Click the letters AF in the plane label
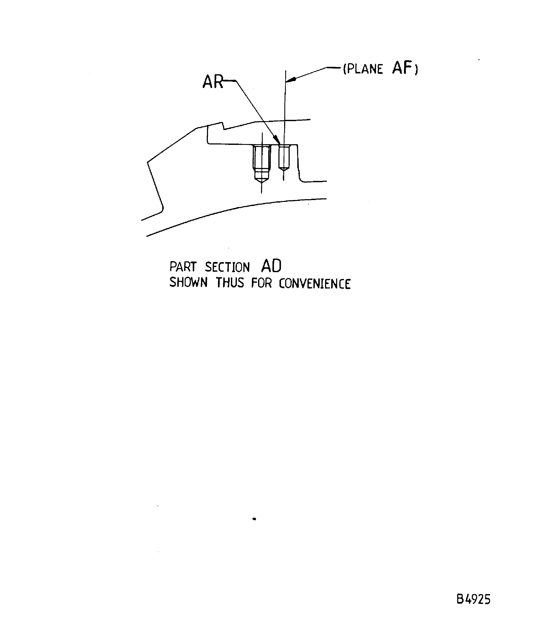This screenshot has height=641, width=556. (402, 68)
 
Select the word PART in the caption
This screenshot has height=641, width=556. (183, 267)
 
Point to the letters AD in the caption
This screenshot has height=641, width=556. (271, 266)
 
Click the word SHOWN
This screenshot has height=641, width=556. (188, 283)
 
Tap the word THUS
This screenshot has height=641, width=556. (230, 283)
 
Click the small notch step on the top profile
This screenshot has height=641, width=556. (223, 126)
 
